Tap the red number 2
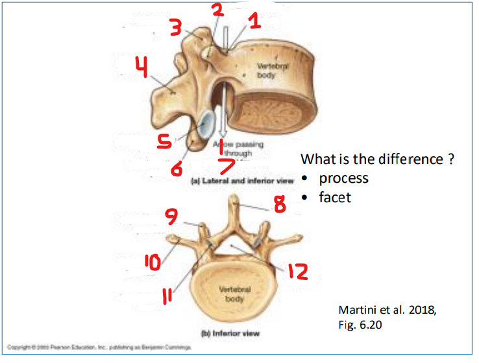pyautogui.click(x=217, y=10)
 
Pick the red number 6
pyautogui.click(x=177, y=169)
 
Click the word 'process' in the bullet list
pyautogui.click(x=343, y=178)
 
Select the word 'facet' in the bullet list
pyautogui.click(x=335, y=197)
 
